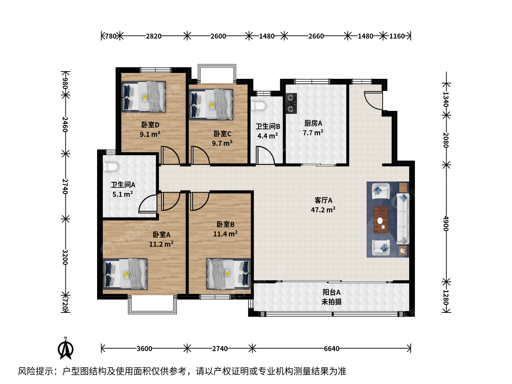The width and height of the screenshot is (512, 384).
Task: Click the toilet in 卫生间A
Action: [x=111, y=167]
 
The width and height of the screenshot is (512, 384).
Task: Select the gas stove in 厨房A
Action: [x=291, y=103]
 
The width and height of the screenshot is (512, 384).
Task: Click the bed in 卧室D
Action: [x=144, y=97]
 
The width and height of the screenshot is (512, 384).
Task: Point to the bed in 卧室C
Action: [x=211, y=105]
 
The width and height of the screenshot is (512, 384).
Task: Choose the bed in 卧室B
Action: [x=229, y=274]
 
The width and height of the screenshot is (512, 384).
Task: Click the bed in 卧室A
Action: [x=125, y=274]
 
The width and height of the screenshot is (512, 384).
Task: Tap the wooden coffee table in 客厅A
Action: [x=381, y=220]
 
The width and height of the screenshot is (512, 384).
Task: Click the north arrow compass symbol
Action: [x=66, y=349]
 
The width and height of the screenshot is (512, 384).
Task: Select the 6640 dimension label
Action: [x=331, y=349]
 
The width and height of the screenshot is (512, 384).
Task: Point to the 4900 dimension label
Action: [x=446, y=223]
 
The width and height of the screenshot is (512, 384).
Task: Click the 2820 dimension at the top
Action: [x=154, y=36]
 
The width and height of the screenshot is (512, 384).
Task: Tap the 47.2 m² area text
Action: [x=323, y=210]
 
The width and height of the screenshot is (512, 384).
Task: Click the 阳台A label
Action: [x=331, y=292]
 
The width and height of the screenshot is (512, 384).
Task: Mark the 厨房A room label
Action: [x=313, y=123]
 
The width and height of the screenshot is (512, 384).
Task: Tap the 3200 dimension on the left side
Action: [x=65, y=257]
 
